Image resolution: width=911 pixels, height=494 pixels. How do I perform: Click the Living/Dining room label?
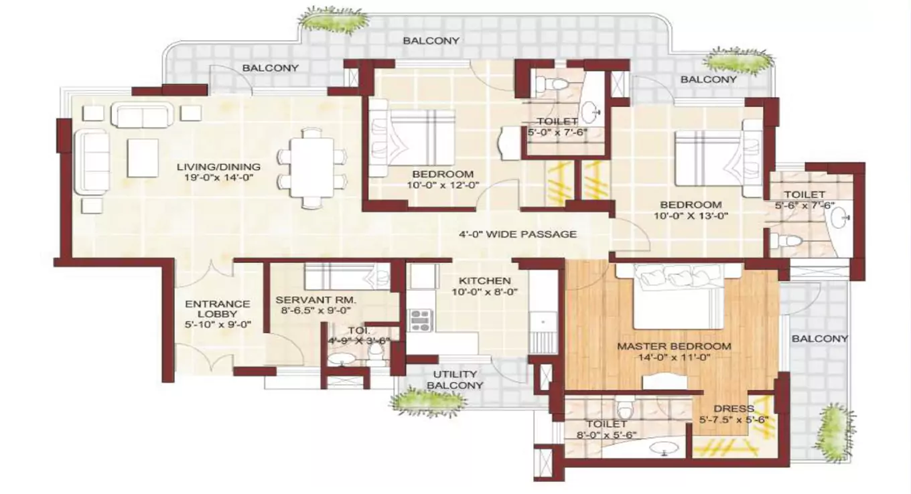(x=218, y=167)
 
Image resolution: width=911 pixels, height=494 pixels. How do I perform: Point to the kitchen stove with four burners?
(x=420, y=321)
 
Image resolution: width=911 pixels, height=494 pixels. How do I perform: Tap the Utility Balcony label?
(x=455, y=380)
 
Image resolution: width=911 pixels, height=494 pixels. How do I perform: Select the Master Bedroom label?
(x=673, y=346)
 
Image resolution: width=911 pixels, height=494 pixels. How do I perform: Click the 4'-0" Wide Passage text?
(x=517, y=234)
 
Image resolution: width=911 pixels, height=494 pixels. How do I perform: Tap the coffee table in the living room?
(x=143, y=158)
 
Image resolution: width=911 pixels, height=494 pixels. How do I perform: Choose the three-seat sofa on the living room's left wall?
(x=92, y=163)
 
